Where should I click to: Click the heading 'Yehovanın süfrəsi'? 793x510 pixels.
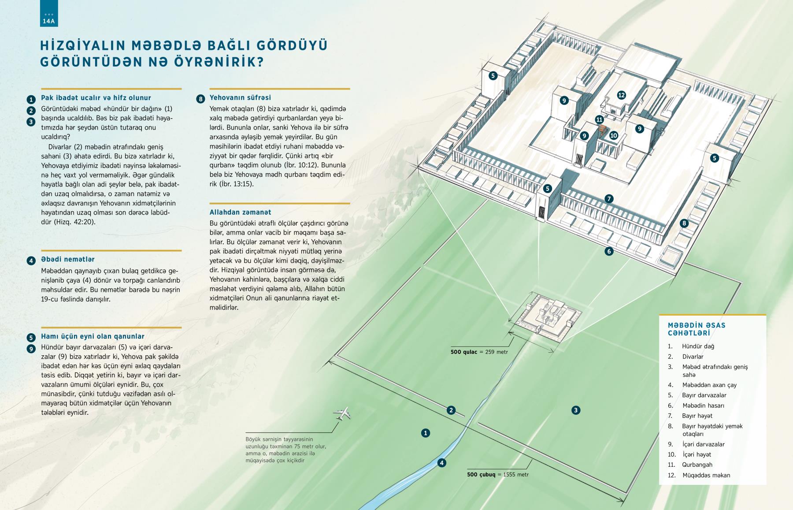tap(240, 98)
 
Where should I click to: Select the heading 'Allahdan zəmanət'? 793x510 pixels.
tap(240, 212)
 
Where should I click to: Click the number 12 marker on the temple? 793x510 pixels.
tap(622, 95)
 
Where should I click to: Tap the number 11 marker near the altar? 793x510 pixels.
tap(599, 119)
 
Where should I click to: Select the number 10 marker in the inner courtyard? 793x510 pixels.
tap(614, 136)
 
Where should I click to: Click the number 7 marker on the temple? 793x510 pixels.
tap(609, 199)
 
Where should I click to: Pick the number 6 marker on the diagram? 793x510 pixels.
tap(609, 252)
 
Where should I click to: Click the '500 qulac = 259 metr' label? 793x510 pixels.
tap(479, 352)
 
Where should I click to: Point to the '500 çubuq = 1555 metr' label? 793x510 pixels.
tap(498, 475)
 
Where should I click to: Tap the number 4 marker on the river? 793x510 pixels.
tap(441, 463)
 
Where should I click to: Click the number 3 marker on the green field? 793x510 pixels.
tap(575, 410)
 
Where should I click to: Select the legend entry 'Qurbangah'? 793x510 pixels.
tap(697, 465)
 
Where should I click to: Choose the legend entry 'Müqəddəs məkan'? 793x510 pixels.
tap(706, 475)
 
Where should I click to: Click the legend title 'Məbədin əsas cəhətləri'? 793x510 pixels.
tap(697, 329)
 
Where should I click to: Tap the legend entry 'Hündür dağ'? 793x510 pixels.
tap(698, 346)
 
